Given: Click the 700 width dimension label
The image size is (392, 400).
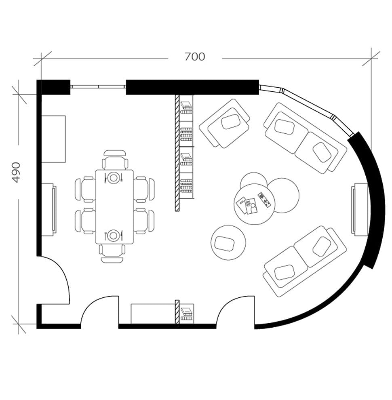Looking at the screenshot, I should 195,57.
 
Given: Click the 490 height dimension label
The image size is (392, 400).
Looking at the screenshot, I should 16,173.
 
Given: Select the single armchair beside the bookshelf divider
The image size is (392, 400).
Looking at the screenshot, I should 225,123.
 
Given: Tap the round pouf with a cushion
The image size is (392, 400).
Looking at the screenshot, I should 228,242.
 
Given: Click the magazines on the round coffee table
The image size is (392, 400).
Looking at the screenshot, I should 247,206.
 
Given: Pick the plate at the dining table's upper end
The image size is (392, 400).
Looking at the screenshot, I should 114,177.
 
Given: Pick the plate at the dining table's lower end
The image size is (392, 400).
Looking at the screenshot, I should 114,235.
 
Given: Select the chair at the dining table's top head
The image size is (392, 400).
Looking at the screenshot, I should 115,160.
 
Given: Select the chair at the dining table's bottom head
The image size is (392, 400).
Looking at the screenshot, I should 112,253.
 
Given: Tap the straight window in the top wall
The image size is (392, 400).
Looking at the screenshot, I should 98,86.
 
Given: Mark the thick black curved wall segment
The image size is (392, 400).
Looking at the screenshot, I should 370,202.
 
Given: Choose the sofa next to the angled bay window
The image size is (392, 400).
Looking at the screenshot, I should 306,138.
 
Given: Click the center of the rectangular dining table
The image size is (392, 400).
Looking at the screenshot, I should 114,206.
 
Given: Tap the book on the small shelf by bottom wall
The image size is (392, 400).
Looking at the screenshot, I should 187,312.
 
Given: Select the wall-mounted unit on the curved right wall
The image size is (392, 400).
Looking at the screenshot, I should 359,209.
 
